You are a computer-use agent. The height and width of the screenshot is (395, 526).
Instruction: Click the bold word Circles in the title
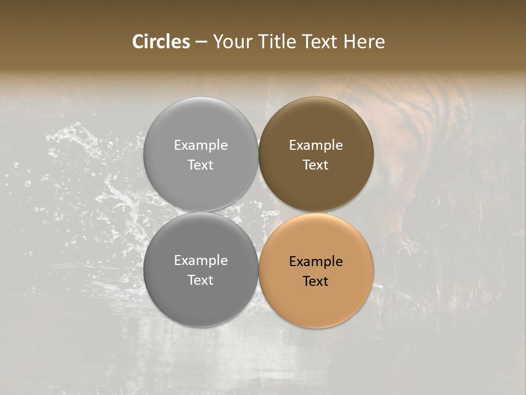tap(161, 42)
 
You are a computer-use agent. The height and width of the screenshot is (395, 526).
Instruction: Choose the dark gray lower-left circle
tap(201, 296)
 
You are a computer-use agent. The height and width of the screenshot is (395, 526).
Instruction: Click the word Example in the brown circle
tap(316, 145)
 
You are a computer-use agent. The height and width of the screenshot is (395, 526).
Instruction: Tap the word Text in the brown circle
tap(316, 165)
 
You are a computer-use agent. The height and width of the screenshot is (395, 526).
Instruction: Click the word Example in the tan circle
tap(316, 262)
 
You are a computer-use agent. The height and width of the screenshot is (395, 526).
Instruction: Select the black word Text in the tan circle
tap(316, 281)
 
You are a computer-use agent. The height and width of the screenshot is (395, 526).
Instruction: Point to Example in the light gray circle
tap(201, 145)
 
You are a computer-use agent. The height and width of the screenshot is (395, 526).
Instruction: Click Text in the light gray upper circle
tap(201, 165)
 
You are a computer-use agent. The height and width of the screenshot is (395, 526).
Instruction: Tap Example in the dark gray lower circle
tap(201, 261)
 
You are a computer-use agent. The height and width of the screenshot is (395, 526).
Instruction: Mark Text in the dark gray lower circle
tap(201, 280)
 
